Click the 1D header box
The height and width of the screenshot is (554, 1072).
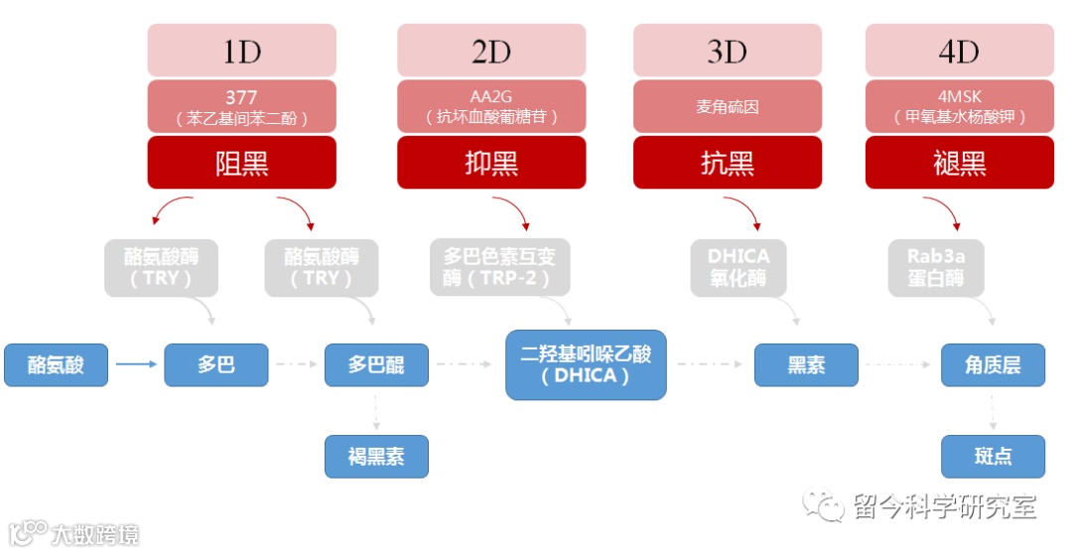[x=241, y=50]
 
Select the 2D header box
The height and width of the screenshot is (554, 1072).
[x=491, y=50]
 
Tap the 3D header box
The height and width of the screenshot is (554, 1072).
[x=727, y=50]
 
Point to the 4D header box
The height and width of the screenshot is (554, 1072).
[x=959, y=50]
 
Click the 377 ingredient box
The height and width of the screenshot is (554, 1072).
[x=241, y=106]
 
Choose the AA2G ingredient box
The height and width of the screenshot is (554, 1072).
[x=491, y=106]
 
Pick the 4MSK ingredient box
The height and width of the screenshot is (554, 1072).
[x=959, y=106]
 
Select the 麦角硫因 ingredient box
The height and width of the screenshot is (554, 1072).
[x=727, y=106]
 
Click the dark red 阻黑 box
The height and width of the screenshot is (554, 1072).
[x=241, y=162]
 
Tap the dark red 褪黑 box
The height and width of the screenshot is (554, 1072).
[x=959, y=162]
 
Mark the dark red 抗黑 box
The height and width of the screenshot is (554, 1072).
[x=727, y=162]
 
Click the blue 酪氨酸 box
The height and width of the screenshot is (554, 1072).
[x=56, y=364]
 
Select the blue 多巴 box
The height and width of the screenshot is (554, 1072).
[x=215, y=364]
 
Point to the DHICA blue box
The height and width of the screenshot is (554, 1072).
[x=586, y=364]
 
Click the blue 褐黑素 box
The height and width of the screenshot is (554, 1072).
[x=376, y=457]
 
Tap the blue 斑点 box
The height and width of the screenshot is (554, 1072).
[x=993, y=457]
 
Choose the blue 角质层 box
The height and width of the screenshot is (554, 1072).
[x=993, y=364]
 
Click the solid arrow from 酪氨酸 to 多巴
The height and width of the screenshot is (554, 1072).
[x=136, y=364]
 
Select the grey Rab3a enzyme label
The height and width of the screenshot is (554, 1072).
[x=936, y=267]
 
